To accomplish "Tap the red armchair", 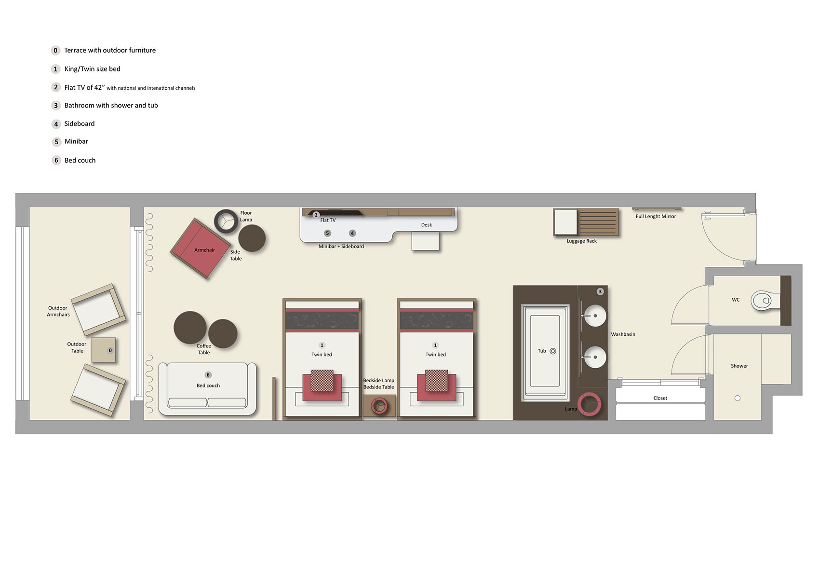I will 201,248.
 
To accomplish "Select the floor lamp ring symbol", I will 226,221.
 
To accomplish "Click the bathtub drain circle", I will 553,351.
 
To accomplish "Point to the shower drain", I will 737,398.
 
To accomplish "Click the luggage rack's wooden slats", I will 598,222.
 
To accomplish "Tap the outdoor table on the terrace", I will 103,350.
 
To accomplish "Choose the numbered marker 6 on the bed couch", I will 208,375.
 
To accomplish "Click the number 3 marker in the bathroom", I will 600,291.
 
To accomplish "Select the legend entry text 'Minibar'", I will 76,141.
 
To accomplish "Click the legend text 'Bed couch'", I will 80,160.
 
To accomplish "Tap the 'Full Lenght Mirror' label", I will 656,217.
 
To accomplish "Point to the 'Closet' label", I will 660,398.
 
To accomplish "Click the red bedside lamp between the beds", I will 379,406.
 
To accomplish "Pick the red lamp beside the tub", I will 590,404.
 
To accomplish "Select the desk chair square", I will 425,241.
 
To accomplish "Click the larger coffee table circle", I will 190,328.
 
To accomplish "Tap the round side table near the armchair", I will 252,238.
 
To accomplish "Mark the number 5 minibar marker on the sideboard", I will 327,233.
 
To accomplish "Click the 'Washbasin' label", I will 623,334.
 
